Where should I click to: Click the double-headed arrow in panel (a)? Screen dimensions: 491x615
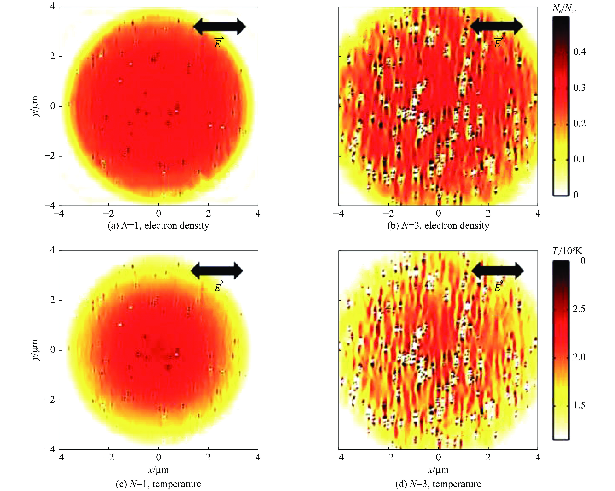tap(219, 26)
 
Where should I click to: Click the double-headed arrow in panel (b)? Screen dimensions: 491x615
tap(496, 26)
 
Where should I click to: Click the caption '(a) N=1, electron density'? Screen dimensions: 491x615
tap(158, 226)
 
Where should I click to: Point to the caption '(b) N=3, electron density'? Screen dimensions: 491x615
tap(438, 226)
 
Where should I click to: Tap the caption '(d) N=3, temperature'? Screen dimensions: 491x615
tap(438, 484)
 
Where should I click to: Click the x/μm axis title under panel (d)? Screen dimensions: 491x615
tap(438, 470)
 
